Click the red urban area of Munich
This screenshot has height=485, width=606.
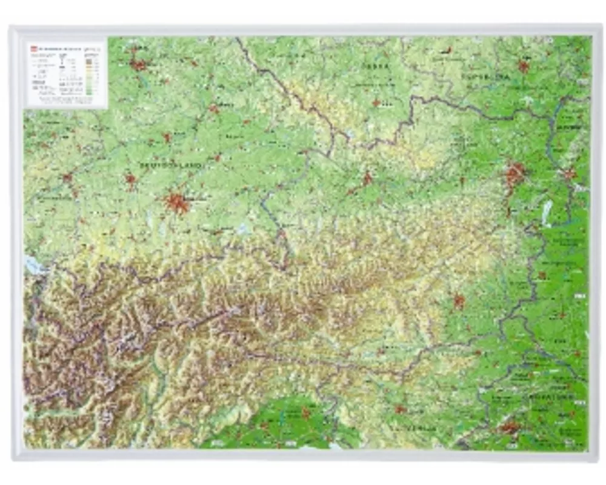pos(177,203)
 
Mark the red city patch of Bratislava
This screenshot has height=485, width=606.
pos(569,175)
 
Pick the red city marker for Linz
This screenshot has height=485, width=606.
pos(367,179)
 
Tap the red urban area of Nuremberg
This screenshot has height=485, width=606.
pos(139,64)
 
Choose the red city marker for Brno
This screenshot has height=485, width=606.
pos(523,66)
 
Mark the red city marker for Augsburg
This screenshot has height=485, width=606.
pos(130,179)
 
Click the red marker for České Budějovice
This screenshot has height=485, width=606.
pos(376,103)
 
